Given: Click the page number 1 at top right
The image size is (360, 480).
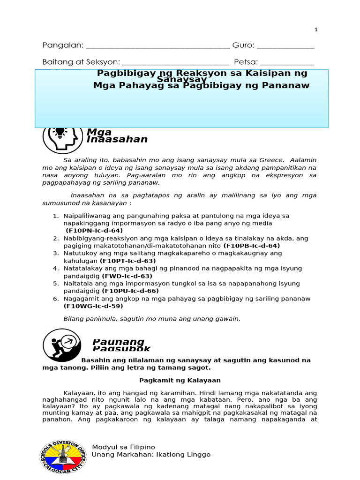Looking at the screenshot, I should click(x=316, y=30).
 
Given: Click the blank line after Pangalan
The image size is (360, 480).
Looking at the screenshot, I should click(x=158, y=47).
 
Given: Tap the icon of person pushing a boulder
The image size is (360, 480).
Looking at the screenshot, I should click(x=61, y=345).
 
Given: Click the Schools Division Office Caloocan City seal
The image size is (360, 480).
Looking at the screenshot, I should click(x=63, y=457).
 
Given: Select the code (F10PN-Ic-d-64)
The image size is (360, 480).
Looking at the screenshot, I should click(x=94, y=231).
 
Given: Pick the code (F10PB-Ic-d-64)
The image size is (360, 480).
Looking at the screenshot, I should click(x=252, y=246).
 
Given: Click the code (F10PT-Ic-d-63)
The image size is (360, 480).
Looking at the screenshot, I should click(x=128, y=261).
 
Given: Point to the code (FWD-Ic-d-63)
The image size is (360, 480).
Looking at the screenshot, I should click(x=127, y=276).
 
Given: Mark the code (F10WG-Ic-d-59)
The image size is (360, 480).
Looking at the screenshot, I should click(x=93, y=306).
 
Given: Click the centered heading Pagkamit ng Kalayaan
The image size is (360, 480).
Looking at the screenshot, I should click(x=180, y=380).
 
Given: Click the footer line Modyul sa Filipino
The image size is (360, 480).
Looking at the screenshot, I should click(x=123, y=447).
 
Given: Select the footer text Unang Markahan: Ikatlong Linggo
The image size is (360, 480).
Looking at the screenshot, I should click(x=151, y=455).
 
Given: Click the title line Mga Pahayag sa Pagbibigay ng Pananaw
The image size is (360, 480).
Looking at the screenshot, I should click(x=201, y=86).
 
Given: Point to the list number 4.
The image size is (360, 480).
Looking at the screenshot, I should click(x=55, y=268).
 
